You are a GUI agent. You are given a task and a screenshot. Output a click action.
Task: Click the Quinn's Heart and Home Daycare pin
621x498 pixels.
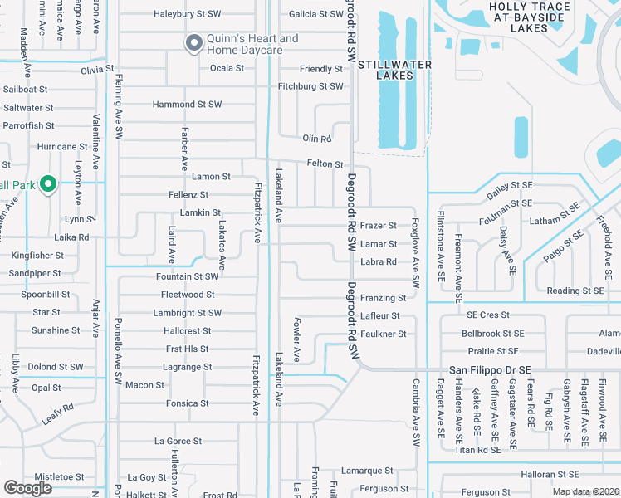193,42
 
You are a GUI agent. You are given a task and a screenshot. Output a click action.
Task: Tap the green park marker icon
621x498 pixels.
48,183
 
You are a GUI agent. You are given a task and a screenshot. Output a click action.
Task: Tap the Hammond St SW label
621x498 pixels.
187,105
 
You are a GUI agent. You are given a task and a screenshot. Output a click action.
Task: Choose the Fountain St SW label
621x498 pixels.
187,276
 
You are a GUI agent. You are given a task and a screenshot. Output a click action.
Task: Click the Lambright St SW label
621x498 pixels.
187,313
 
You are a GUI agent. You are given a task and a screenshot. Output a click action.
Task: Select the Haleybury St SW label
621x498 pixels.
188,14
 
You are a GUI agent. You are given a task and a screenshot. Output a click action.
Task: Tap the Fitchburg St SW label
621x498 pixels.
310,86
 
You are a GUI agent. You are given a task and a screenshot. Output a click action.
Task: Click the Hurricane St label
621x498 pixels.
62,147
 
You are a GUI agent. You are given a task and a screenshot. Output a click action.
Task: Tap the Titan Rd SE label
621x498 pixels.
477,450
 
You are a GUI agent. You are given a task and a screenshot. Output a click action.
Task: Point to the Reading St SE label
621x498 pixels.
574,290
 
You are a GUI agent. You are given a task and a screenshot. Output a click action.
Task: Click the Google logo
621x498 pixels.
27,488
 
